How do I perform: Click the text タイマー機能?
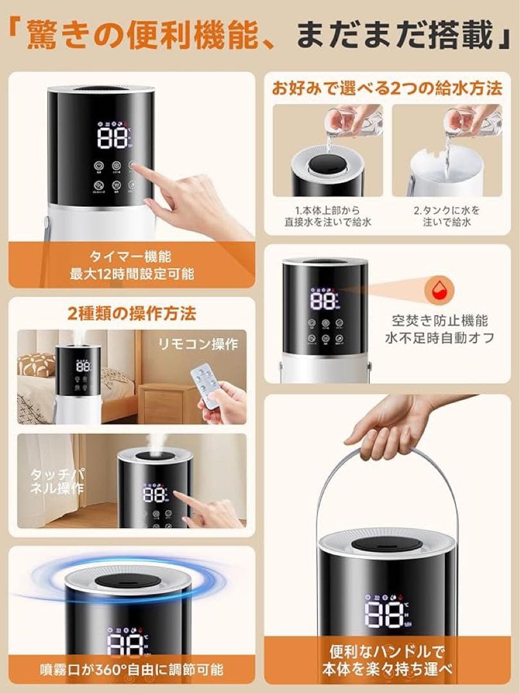130,257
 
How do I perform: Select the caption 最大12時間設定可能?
132,275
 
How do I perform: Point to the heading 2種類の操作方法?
132,314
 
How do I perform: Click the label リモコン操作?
198,344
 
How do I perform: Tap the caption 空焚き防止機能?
440,320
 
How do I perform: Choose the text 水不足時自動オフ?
440,338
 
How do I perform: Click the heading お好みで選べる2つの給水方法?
386,88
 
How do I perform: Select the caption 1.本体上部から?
327,210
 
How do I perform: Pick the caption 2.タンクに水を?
447,210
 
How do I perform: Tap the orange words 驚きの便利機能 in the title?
102,37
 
